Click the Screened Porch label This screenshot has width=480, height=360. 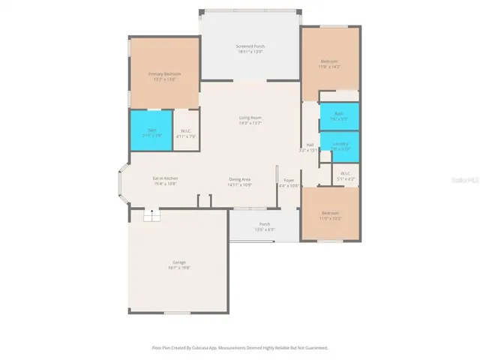(250, 46)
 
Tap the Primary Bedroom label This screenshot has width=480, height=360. (164, 74)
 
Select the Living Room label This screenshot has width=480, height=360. (250, 118)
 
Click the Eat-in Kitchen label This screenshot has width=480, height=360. (166, 178)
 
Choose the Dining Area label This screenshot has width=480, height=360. (240, 179)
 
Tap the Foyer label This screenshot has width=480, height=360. (289, 181)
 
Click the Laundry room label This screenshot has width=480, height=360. (340, 144)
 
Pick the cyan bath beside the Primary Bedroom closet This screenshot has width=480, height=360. (151, 131)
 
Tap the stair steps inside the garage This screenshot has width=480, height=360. (152, 217)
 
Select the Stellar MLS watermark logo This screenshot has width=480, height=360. (460, 181)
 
